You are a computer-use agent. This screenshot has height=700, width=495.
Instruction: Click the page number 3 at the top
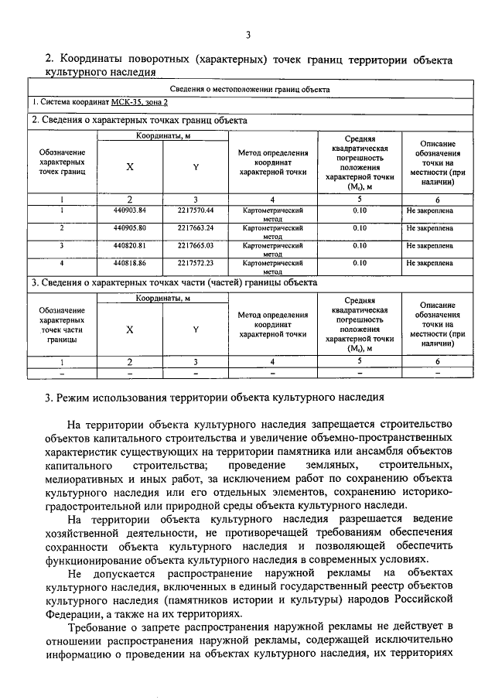pos(247,34)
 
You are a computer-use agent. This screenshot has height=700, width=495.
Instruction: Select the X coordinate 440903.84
pos(129,210)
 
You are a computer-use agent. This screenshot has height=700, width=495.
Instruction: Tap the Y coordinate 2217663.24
pos(195,228)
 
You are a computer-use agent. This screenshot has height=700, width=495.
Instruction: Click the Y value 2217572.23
pos(195,263)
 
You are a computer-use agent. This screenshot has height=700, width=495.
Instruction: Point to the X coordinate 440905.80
pos(129,228)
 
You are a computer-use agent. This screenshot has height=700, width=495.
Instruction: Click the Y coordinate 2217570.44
pos(195,210)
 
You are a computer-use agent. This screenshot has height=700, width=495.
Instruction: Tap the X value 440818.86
pos(129,263)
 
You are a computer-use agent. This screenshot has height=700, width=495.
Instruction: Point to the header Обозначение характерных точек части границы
pos(62,325)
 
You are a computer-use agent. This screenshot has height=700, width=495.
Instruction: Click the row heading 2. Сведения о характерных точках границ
pos(139,120)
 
